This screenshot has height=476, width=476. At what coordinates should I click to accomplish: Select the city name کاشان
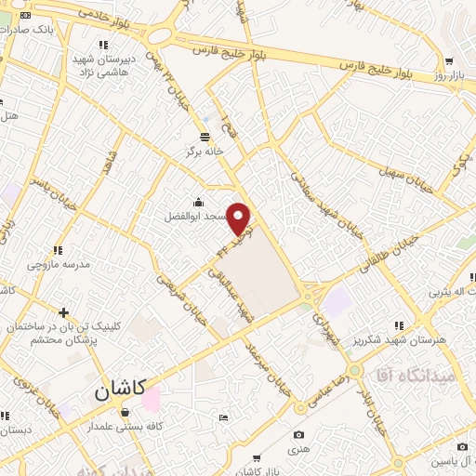120,391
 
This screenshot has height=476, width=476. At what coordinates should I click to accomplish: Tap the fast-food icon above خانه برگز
205,136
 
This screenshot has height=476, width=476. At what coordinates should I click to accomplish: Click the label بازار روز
450,73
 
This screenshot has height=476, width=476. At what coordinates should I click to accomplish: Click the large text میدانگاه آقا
414,376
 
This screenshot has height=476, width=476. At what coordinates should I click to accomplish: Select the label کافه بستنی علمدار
125,426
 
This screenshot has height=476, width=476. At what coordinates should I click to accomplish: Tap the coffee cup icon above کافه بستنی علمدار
125,412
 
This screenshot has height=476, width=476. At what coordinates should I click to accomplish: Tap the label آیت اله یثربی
450,292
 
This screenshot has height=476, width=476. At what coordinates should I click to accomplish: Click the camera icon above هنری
297,434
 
